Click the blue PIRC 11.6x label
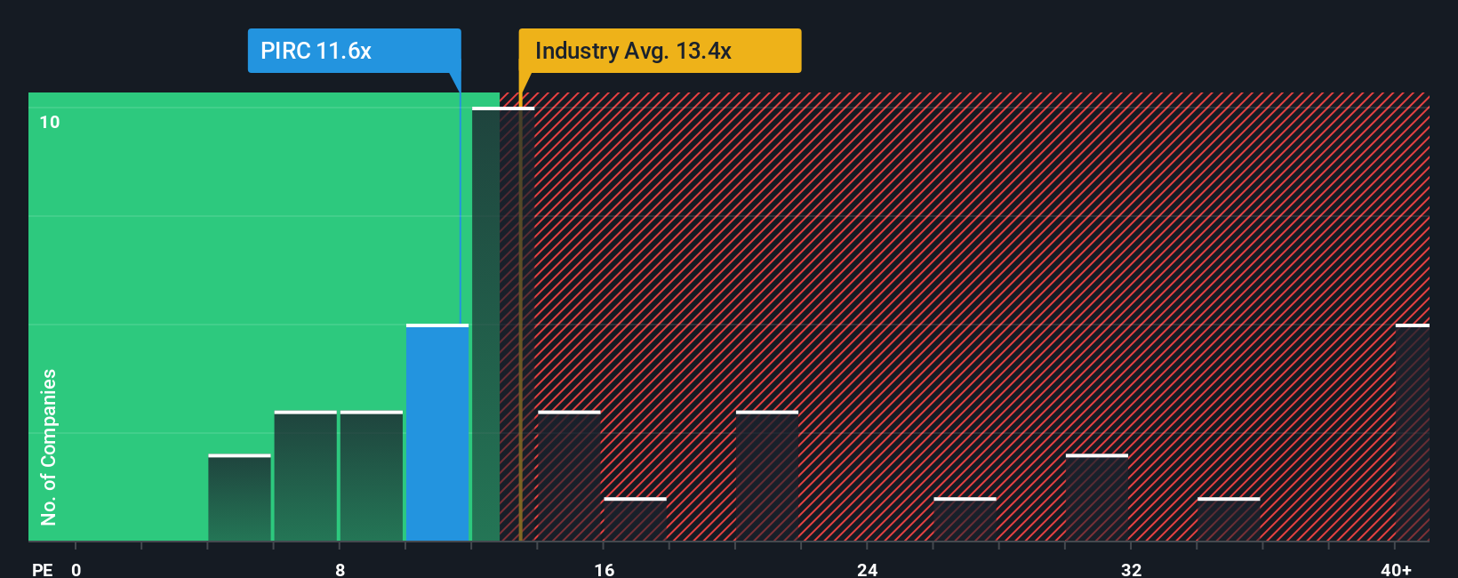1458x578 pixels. [x=353, y=51]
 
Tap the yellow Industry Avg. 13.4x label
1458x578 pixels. [x=659, y=51]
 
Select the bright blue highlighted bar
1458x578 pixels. [x=437, y=433]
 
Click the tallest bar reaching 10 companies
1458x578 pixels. [x=485, y=325]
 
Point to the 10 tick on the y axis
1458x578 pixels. [x=50, y=122]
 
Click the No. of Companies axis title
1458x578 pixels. [x=49, y=446]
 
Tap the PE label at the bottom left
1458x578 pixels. [x=42, y=569]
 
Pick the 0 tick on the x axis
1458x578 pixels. [x=76, y=569]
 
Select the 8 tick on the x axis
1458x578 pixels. [x=340, y=569]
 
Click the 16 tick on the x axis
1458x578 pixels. [x=604, y=569]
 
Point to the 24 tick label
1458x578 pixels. [x=867, y=569]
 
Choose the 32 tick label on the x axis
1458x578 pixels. [x=1131, y=569]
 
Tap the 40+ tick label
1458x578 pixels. [x=1396, y=569]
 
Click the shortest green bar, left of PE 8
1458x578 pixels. [x=239, y=498]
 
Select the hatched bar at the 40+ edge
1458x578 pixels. [x=1412, y=433]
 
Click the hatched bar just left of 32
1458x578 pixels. [x=1097, y=498]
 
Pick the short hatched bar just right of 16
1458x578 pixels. [x=635, y=519]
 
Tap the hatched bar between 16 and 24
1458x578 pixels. [x=767, y=476]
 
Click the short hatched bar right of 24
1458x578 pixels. [x=965, y=519]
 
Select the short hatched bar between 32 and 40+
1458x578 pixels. [x=1229, y=519]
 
